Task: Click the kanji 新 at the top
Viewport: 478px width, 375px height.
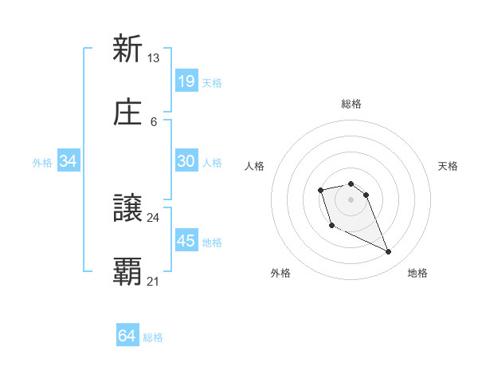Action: click(x=127, y=49)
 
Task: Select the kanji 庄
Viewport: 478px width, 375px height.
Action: click(x=127, y=113)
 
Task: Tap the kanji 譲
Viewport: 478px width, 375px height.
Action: click(x=127, y=209)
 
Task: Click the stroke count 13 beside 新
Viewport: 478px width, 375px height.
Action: click(x=154, y=57)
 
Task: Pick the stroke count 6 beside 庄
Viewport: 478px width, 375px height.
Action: click(x=154, y=121)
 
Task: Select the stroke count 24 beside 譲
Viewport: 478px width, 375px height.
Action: click(x=154, y=217)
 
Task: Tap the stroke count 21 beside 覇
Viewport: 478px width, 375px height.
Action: click(x=154, y=281)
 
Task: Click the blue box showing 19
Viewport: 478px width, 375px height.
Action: click(x=186, y=81)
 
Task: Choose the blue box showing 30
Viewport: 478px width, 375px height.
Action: click(x=186, y=161)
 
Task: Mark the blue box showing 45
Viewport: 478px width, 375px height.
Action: click(x=186, y=241)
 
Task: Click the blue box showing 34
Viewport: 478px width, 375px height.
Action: click(x=69, y=161)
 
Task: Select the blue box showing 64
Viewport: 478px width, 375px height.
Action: click(x=127, y=336)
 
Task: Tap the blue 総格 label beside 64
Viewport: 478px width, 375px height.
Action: click(x=153, y=337)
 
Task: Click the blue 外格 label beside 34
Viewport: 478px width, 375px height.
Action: click(x=42, y=163)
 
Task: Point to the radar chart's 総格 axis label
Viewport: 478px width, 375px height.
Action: click(x=351, y=104)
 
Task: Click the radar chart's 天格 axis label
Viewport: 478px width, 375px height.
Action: click(x=448, y=166)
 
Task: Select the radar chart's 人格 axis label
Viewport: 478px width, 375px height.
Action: click(x=255, y=166)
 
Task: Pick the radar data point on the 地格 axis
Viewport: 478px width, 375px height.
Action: click(x=389, y=252)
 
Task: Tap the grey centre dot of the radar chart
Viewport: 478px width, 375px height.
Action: click(x=351, y=199)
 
